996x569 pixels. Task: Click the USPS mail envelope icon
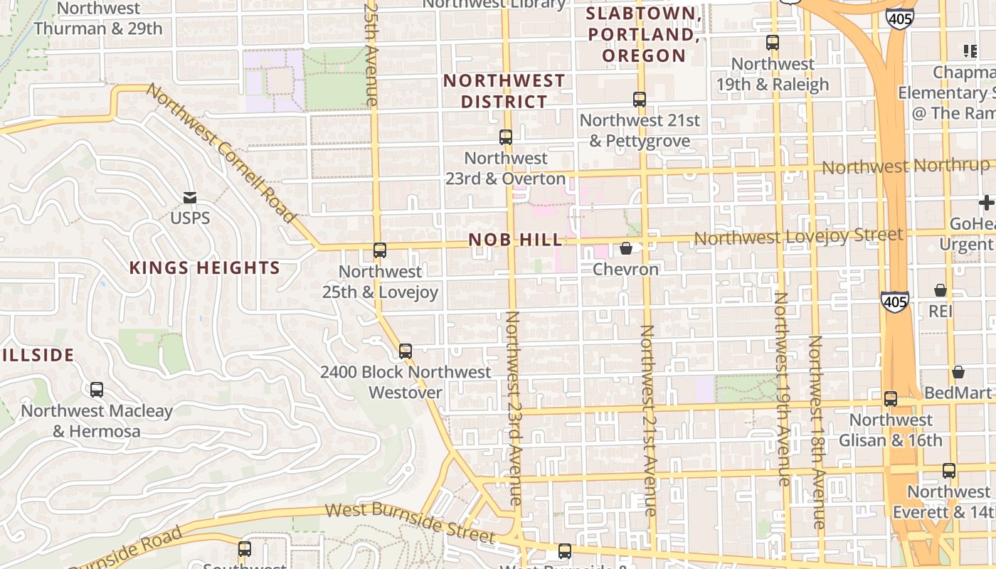(190, 197)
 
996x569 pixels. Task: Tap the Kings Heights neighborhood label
(204, 268)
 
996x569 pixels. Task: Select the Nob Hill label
(516, 240)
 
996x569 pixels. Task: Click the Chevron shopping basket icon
(626, 248)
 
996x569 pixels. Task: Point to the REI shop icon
(940, 290)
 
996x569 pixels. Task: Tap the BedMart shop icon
(958, 372)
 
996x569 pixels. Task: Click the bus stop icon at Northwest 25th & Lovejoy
(380, 250)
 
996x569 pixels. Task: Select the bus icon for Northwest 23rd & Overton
(506, 137)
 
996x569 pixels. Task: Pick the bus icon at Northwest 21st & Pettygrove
(640, 100)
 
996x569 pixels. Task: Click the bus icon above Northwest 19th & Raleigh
(773, 43)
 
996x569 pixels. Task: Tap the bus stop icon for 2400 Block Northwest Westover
(406, 351)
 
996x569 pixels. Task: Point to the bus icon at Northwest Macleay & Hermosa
(97, 390)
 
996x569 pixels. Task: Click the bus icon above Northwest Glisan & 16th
(891, 399)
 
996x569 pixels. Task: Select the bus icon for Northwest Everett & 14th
(949, 471)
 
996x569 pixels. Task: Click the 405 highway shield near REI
(894, 302)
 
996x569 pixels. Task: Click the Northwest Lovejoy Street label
(798, 235)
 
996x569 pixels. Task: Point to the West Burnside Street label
(410, 521)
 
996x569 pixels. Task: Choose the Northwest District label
(504, 91)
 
